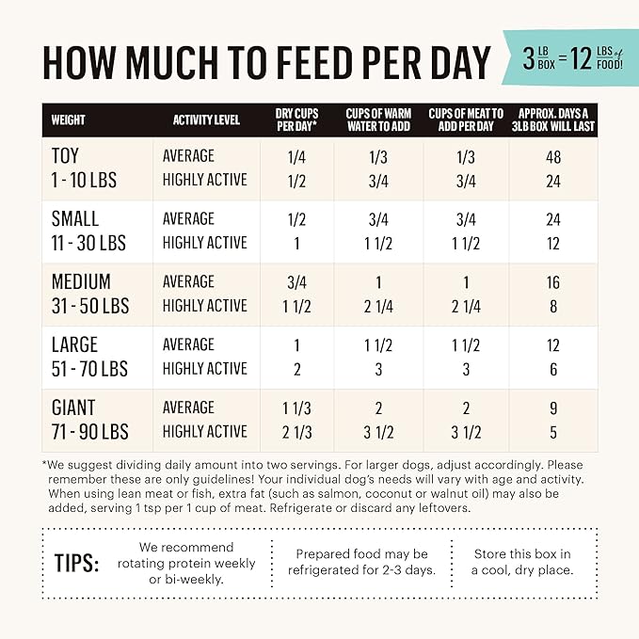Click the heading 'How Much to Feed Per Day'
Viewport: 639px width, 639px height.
266,62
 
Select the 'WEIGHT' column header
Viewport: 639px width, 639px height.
68,120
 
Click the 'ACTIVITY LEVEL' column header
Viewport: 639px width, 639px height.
206,120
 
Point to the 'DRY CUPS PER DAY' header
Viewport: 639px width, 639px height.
296,120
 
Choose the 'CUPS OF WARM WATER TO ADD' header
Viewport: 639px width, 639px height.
378,120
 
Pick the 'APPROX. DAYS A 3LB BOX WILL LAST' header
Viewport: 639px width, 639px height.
553,120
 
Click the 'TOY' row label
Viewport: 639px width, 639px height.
69,155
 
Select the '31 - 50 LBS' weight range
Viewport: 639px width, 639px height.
90,306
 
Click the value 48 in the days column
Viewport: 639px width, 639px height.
553,156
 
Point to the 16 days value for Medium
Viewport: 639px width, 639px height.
553,282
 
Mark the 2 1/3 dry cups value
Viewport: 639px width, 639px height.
297,432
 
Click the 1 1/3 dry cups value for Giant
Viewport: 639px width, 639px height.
297,407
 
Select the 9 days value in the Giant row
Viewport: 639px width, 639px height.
553,407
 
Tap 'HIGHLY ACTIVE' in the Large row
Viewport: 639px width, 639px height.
204,369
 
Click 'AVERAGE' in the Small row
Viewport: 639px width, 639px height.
188,219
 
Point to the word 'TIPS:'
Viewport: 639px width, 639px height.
77,563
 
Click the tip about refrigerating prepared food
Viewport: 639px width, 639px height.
362,563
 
